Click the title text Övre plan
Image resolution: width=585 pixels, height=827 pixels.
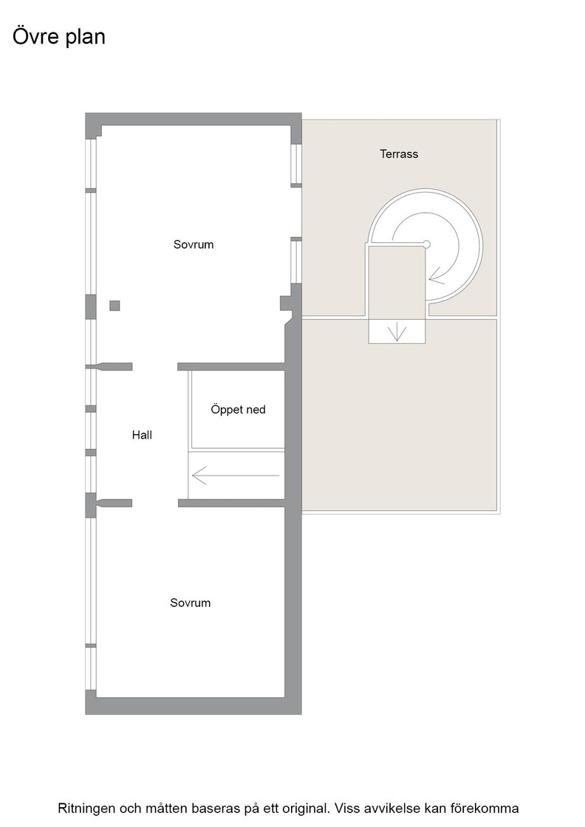pyautogui.click(x=58, y=37)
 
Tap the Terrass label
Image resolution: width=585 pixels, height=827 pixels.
pyautogui.click(x=399, y=154)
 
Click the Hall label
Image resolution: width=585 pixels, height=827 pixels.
pyautogui.click(x=142, y=435)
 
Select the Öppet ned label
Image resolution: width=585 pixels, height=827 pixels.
pyautogui.click(x=238, y=410)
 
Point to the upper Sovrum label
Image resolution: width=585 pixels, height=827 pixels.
pyautogui.click(x=194, y=244)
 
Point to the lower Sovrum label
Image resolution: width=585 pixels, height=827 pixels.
pyautogui.click(x=190, y=603)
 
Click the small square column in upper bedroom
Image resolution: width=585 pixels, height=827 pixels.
pyautogui.click(x=114, y=306)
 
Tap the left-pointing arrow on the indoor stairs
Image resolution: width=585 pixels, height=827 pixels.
pyautogui.click(x=236, y=476)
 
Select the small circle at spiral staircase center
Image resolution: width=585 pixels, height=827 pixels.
pyautogui.click(x=427, y=244)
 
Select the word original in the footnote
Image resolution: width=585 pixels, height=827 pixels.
pyautogui.click(x=309, y=809)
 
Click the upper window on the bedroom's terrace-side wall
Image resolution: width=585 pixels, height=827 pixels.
pyautogui.click(x=296, y=165)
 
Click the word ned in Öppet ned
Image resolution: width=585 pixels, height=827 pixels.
pyautogui.click(x=255, y=410)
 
